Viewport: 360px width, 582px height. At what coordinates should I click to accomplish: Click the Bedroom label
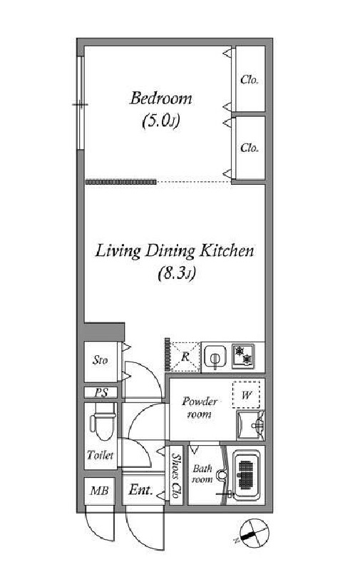point(161,98)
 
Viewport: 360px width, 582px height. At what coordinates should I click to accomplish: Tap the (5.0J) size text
point(161,121)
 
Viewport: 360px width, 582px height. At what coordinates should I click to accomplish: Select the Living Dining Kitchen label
point(175,251)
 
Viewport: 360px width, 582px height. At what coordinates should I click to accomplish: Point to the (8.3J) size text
point(176,274)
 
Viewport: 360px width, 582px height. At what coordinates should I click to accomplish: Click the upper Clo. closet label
point(249,79)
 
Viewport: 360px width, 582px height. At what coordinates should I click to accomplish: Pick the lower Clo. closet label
point(249,148)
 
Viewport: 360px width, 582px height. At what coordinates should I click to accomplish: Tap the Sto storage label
point(101,359)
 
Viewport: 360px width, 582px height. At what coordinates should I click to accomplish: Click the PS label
point(101,392)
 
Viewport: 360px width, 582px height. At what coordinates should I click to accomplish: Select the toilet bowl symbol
point(101,422)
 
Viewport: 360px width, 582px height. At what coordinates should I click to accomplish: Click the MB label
point(99,491)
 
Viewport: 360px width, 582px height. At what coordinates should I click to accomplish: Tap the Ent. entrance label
point(140,490)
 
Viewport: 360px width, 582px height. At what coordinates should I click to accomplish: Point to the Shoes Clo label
point(177,476)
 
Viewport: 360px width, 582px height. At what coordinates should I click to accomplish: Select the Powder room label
point(200,407)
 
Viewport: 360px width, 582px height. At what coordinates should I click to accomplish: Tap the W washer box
point(247,395)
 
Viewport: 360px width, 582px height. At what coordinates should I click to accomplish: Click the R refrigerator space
point(185,357)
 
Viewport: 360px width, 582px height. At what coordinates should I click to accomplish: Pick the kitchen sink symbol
point(215,357)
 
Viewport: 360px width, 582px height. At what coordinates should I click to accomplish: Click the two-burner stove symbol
point(243,357)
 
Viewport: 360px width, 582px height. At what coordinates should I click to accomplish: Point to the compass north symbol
point(254,533)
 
